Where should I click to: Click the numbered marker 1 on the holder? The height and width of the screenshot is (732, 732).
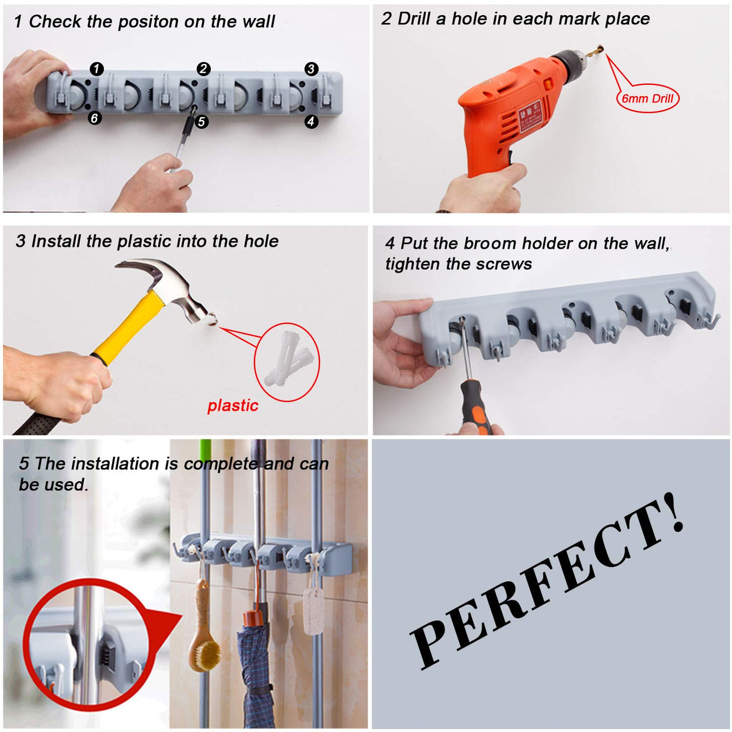coord(96,69)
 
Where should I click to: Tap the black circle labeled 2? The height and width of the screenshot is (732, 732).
coord(203,69)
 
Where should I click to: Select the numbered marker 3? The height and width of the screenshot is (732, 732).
coord(311,69)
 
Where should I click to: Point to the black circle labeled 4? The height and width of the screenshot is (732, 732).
coord(311,121)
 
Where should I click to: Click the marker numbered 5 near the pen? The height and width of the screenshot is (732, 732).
coord(201,122)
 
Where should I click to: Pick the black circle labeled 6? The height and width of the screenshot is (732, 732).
coord(94,118)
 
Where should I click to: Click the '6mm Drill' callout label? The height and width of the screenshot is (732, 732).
coord(648,99)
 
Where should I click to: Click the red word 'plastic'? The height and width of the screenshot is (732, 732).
coord(233,406)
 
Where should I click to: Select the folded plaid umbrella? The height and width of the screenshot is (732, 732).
coord(256,669)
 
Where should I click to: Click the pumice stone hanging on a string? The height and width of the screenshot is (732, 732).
coord(313,612)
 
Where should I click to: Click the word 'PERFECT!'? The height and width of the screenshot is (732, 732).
coord(546,585)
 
